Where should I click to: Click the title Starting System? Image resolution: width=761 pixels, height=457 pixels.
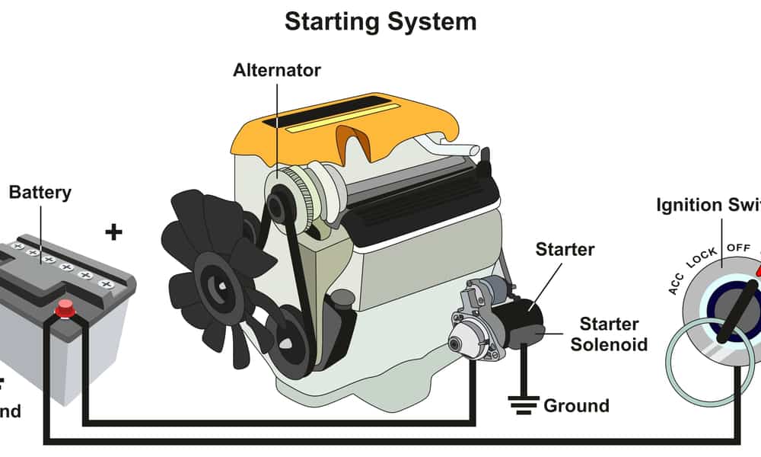point(380,21)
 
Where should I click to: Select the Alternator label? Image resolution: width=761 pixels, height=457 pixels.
point(277,71)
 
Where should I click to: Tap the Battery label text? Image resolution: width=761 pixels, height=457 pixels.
point(40,192)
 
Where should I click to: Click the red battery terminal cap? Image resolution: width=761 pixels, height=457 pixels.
point(65,308)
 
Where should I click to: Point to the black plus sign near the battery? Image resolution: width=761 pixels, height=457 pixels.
point(113,232)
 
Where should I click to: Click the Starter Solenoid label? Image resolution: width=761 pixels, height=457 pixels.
point(609,334)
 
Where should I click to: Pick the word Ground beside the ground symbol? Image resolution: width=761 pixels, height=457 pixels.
point(576,405)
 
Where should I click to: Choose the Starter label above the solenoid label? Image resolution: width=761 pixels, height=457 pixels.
point(565,249)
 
